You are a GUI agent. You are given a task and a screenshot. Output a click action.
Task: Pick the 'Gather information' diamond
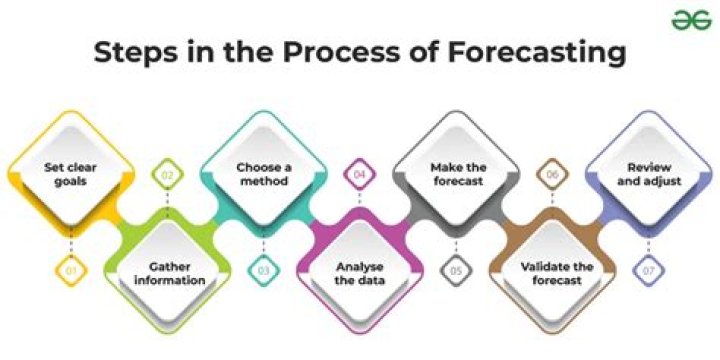coord(166,272)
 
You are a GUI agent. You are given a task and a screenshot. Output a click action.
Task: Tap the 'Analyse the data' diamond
coord(358,272)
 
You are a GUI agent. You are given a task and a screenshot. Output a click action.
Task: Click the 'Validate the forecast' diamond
coord(551,272)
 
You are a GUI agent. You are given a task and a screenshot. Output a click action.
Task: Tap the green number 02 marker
coord(166,177)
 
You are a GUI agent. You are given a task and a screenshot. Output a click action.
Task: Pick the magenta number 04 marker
coord(358,177)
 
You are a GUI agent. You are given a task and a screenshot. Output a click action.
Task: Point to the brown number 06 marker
coord(551,177)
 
